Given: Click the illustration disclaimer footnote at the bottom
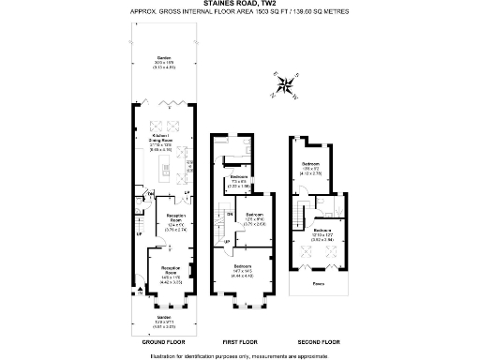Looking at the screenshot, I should coord(239,354).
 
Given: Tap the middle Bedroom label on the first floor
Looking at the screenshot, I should coord(253,217).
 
